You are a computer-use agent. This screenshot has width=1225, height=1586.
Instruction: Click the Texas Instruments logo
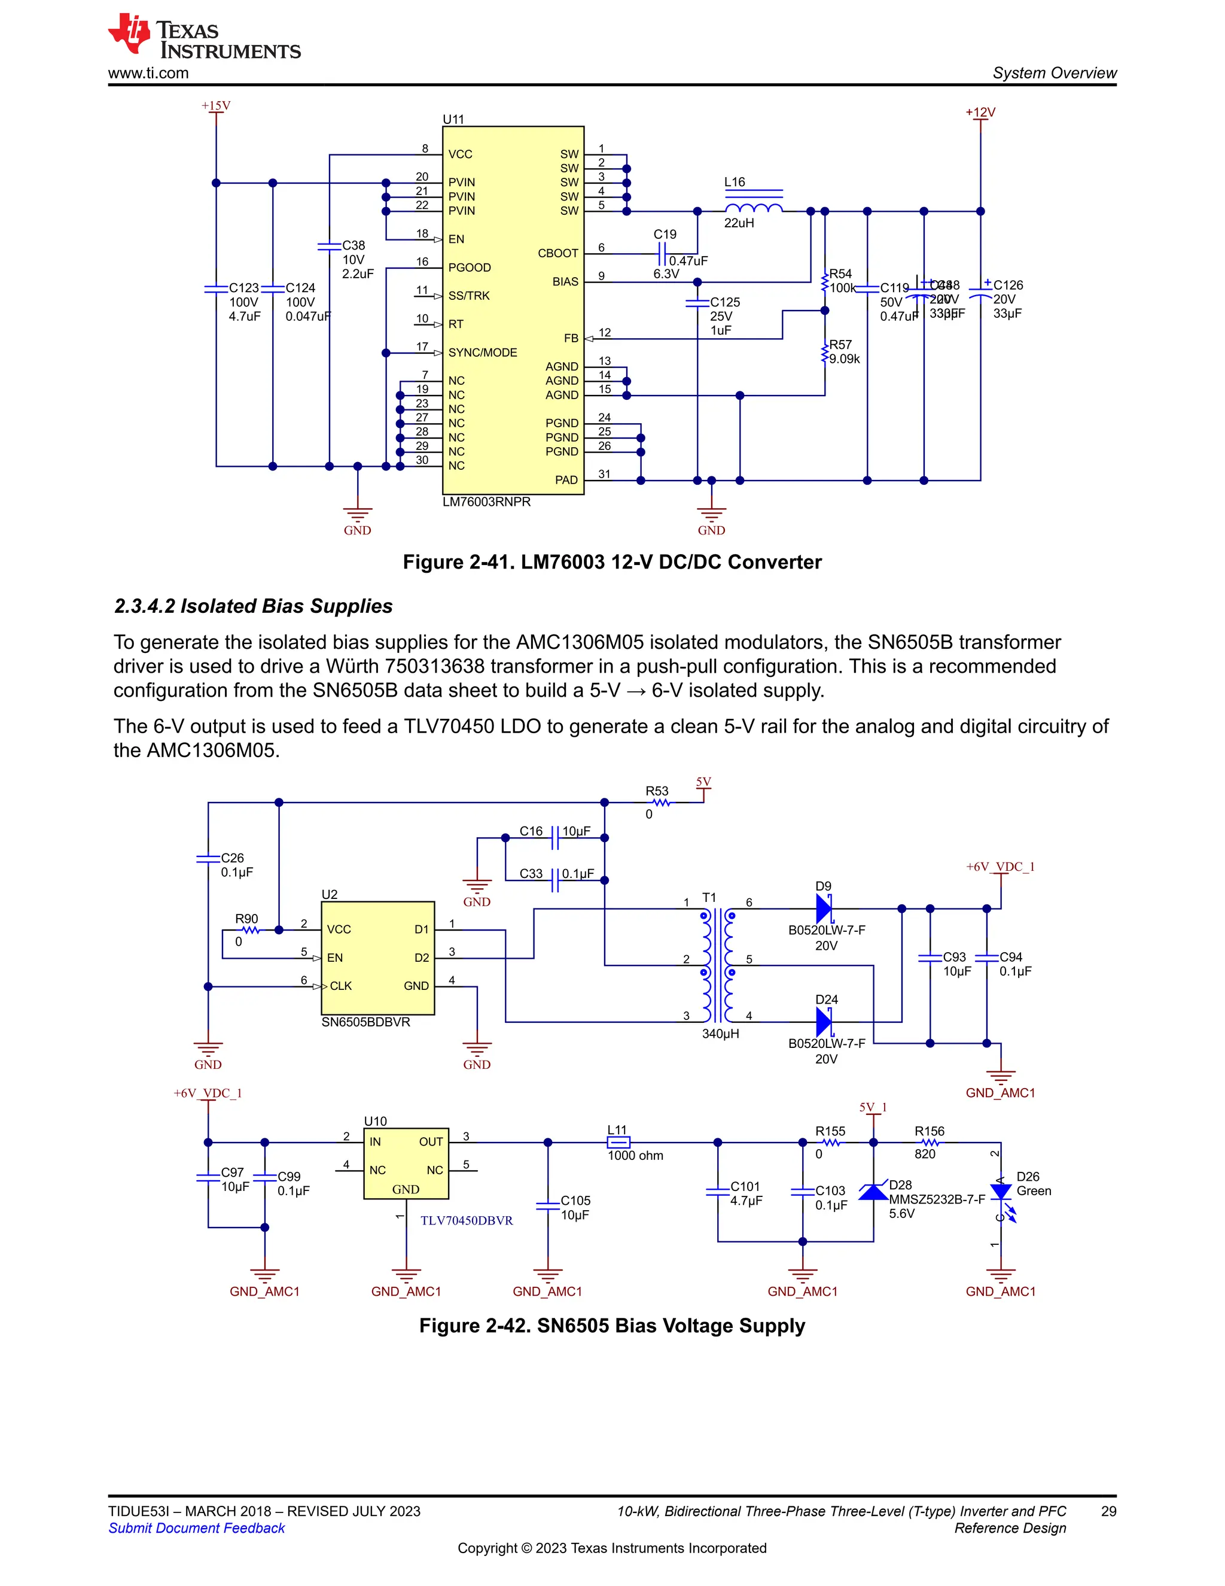pyautogui.click(x=203, y=37)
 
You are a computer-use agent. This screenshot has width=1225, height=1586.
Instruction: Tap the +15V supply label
pyautogui.click(x=215, y=106)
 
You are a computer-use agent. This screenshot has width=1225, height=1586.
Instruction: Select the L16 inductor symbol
pyautogui.click(x=753, y=208)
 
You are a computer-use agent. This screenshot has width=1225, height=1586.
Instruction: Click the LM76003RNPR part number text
pyautogui.click(x=486, y=502)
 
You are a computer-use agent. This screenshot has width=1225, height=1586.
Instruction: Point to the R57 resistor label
pyautogui.click(x=840, y=344)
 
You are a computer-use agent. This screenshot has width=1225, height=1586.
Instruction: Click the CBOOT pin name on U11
pyautogui.click(x=557, y=253)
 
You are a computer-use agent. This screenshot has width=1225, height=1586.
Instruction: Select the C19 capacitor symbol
pyautogui.click(x=661, y=254)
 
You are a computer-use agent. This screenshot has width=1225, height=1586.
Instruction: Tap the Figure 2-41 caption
pyautogui.click(x=612, y=562)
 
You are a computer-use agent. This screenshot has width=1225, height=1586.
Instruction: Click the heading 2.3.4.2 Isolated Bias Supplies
pyautogui.click(x=253, y=606)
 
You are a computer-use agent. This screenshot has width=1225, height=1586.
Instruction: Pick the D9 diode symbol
pyautogui.click(x=824, y=909)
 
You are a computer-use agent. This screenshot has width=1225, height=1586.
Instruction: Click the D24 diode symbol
pyautogui.click(x=824, y=1022)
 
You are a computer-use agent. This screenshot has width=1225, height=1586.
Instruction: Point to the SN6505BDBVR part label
pyautogui.click(x=365, y=1022)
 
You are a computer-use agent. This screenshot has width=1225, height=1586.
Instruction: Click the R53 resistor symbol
pyautogui.click(x=660, y=803)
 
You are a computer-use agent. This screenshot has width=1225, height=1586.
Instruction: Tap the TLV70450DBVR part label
pyautogui.click(x=467, y=1221)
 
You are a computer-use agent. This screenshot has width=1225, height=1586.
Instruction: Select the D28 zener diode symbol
pyautogui.click(x=873, y=1192)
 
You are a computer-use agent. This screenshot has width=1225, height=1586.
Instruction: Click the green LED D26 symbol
pyautogui.click(x=1001, y=1192)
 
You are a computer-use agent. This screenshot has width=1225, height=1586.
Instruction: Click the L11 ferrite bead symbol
pyautogui.click(x=618, y=1143)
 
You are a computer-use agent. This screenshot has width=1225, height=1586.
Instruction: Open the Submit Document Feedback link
pyautogui.click(x=197, y=1528)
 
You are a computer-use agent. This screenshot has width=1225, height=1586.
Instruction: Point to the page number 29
pyautogui.click(x=1108, y=1511)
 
